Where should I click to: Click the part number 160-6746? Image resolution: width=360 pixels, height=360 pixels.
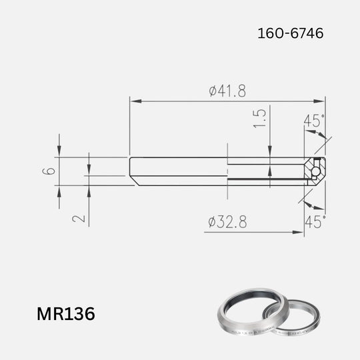tap(290, 33)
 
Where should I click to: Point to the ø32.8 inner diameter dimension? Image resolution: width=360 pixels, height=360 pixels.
tap(227, 222)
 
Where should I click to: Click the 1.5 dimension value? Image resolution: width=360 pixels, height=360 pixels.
tap(261, 118)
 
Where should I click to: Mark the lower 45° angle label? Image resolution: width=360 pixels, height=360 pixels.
tap(314, 221)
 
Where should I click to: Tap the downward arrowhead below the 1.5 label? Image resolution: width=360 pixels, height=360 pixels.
tap(269, 153)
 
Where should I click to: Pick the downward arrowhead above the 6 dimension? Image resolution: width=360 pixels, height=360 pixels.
tap(59, 153)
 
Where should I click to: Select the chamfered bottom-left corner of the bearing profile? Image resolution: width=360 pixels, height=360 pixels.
tap(134, 181)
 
